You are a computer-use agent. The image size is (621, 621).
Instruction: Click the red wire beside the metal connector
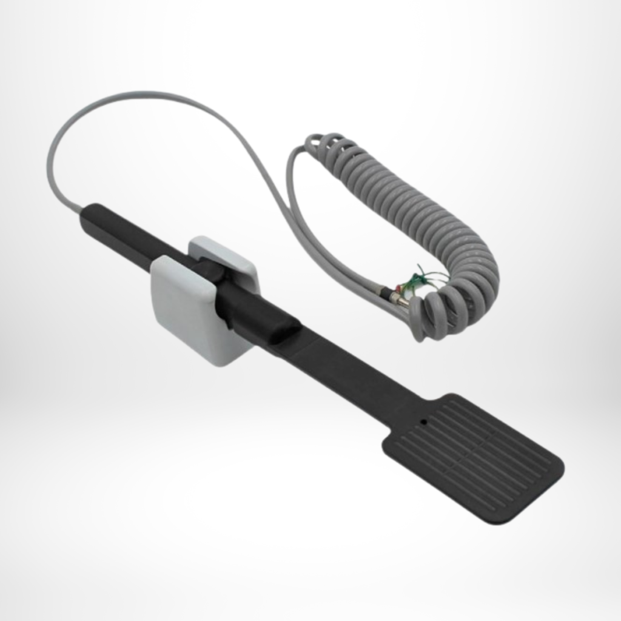click(398, 287)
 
